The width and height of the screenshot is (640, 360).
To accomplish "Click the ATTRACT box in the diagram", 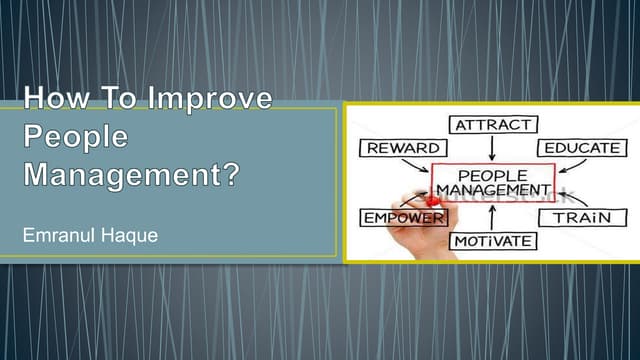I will click(x=492, y=126).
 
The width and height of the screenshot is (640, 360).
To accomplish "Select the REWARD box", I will click(x=403, y=148).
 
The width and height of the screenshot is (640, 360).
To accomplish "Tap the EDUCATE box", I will click(x=582, y=148).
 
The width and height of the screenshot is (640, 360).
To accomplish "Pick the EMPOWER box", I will click(x=402, y=217).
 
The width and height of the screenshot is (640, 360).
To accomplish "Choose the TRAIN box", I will click(x=583, y=216).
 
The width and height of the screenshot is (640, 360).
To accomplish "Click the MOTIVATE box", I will click(x=492, y=241).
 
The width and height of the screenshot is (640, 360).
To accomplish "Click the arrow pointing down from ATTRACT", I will click(x=492, y=148).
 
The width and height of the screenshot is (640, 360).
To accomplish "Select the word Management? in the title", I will click(x=131, y=173).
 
